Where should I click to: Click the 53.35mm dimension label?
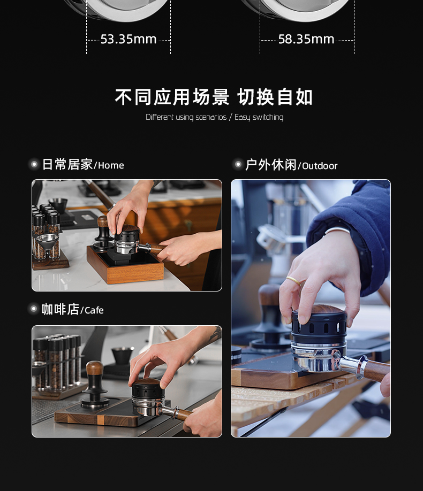click(129, 39)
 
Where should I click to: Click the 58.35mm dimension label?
click(306, 39)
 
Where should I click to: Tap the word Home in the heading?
click(111, 165)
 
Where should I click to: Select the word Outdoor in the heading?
click(320, 166)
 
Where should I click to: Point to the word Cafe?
click(94, 310)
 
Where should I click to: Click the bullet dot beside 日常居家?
click(34, 164)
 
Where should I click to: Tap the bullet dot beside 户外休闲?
click(238, 164)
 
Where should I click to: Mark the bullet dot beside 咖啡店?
click(33, 309)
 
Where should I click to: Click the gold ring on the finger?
click(294, 281)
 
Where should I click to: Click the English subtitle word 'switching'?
click(268, 118)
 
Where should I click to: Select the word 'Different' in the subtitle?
click(160, 117)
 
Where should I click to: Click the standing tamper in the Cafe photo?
click(95, 385)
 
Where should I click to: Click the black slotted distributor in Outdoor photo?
click(319, 326)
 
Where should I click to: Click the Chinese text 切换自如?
click(275, 97)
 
